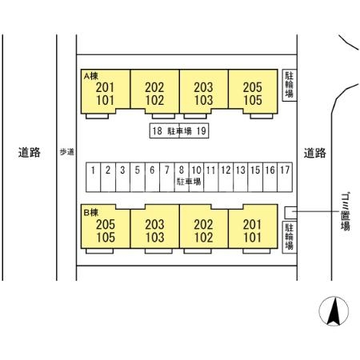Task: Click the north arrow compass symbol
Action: point(334,311)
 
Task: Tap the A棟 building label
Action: point(90,76)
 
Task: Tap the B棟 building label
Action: point(90,213)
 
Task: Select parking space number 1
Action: point(94,177)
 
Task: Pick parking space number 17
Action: point(285,177)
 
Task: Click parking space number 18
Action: point(164,130)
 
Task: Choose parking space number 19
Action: point(194,130)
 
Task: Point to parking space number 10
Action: point(196,177)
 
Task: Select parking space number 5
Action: point(138,177)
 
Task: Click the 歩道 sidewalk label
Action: point(66,152)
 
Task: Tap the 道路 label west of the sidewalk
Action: point(30,153)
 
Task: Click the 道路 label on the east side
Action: point(315,153)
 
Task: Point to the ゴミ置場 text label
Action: point(346,212)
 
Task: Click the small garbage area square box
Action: point(290,213)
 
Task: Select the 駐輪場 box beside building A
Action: point(290,85)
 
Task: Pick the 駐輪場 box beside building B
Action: point(290,237)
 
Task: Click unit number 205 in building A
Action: point(253,87)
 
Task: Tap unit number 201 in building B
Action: point(253,225)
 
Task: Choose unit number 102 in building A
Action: point(154,100)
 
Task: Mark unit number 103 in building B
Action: point(154,238)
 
